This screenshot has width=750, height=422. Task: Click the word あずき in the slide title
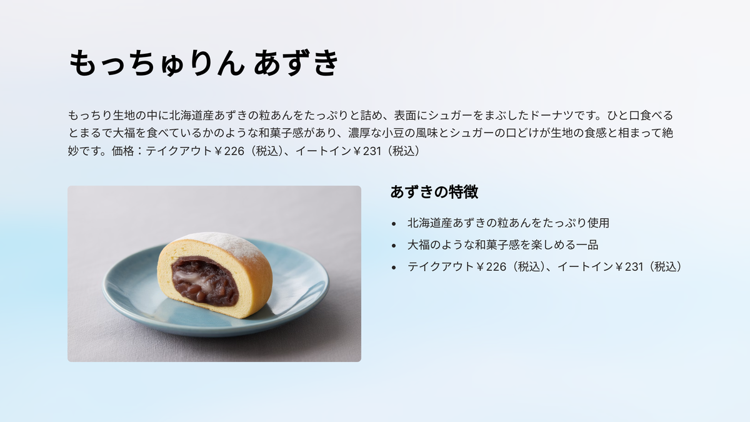296,63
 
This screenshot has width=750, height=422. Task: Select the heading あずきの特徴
434,192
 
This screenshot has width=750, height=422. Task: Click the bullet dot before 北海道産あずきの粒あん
394,224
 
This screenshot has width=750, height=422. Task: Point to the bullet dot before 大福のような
394,246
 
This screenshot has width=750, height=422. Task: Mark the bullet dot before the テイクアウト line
394,268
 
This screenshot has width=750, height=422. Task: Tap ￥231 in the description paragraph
367,151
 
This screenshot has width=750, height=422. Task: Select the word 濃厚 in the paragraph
359,133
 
